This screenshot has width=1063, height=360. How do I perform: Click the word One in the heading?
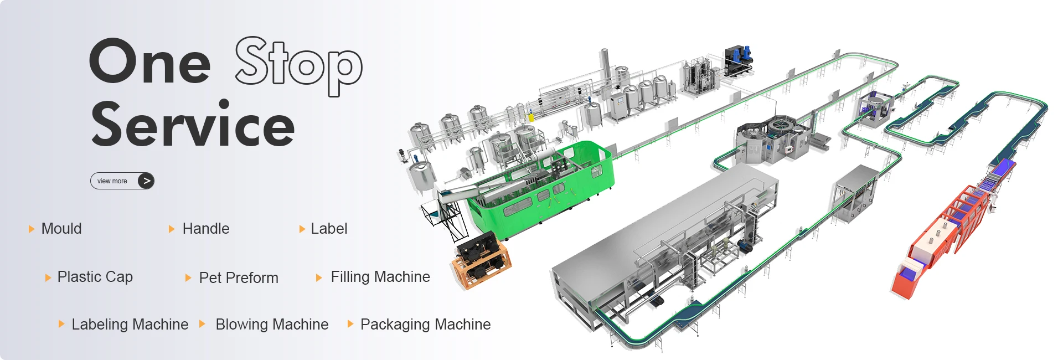(x=149, y=61)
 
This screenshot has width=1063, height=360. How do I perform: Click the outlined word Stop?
(x=299, y=65)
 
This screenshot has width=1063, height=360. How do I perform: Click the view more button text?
(x=112, y=181)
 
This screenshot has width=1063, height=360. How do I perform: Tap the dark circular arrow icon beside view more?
(x=146, y=181)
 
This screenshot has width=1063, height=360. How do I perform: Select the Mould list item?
(x=61, y=229)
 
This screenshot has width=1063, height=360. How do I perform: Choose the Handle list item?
(x=206, y=229)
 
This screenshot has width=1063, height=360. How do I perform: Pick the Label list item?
(x=329, y=229)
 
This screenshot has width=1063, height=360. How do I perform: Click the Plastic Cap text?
(x=95, y=277)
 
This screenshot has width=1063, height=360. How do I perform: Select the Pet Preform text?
(x=239, y=277)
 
